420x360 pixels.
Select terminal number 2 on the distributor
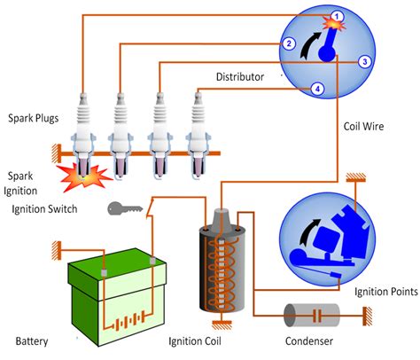click(x=289, y=43)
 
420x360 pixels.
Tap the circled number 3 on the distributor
click(x=365, y=61)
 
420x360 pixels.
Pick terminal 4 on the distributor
click(x=317, y=88)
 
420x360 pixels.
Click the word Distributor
click(x=239, y=77)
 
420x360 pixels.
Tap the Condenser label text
click(x=311, y=342)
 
